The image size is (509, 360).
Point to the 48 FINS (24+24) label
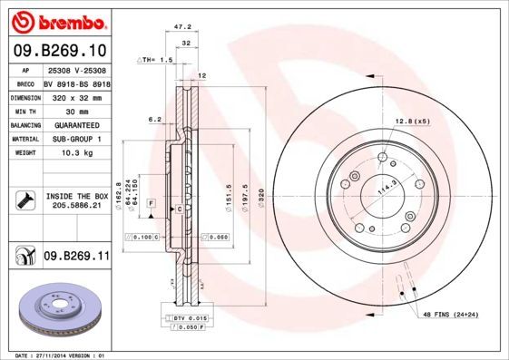452,314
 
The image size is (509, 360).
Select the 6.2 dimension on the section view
153,119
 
